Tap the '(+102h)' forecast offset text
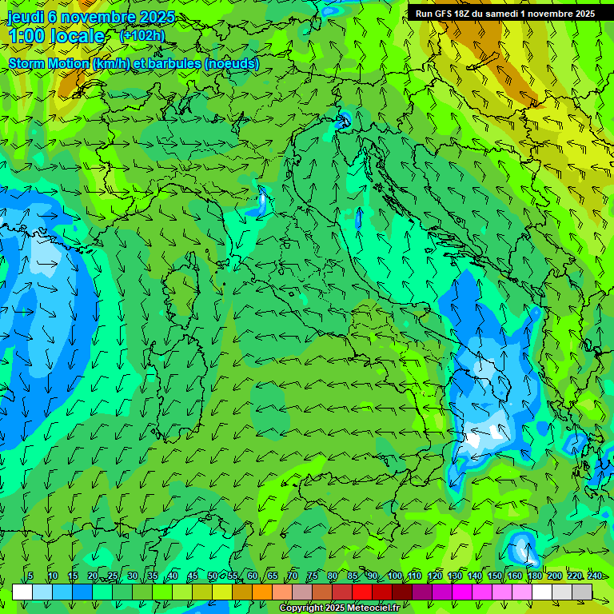[142, 35]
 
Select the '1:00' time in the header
[26, 36]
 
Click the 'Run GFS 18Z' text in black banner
[443, 14]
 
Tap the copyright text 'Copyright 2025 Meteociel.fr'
[339, 608]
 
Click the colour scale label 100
[395, 576]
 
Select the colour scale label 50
[213, 576]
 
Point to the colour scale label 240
[595, 576]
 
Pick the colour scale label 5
[30, 576]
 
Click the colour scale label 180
[534, 576]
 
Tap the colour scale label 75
[313, 576]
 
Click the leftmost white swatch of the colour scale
[22, 592]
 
